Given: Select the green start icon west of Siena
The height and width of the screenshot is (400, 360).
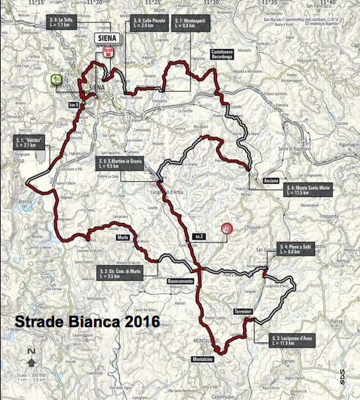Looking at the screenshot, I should pyautogui.click(x=56, y=79).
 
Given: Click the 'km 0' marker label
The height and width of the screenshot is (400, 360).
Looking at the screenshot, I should pyautogui.click(x=74, y=104).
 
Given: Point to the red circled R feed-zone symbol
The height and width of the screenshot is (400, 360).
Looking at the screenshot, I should pyautogui.click(x=228, y=229).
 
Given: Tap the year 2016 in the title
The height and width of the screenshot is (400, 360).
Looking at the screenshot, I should pyautogui.click(x=143, y=322).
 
